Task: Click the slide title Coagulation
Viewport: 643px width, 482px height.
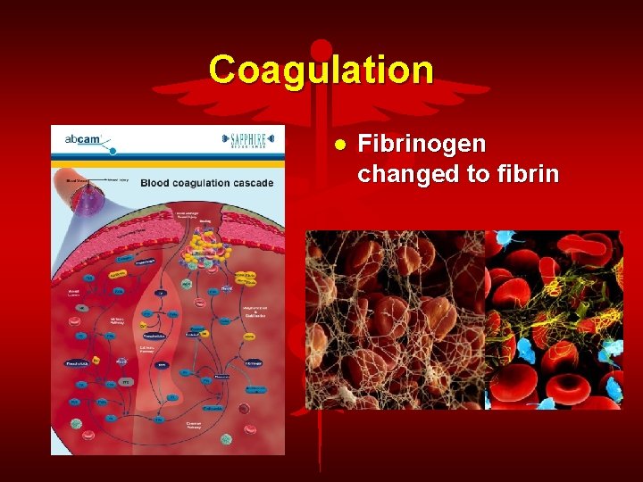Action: click(x=321, y=70)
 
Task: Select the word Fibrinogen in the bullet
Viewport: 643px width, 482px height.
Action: click(x=422, y=144)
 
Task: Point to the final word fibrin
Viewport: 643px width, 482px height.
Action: click(x=528, y=173)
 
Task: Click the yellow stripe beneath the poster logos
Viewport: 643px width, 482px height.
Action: click(x=168, y=164)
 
